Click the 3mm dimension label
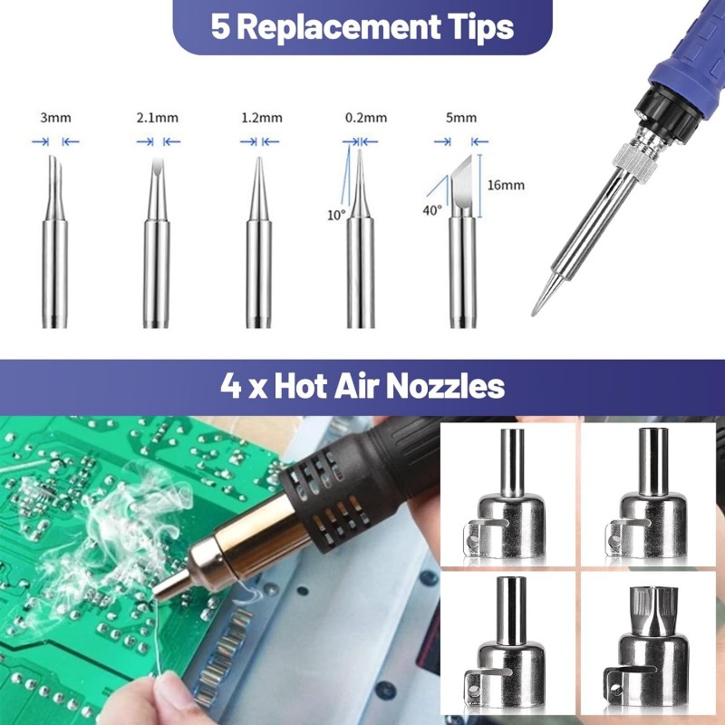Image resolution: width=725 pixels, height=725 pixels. [x=55, y=118]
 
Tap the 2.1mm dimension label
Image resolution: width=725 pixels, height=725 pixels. [x=157, y=118]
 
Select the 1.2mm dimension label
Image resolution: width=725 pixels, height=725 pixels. [x=262, y=118]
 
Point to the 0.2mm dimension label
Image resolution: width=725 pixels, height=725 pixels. [x=366, y=118]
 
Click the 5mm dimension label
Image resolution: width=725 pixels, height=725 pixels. [x=461, y=118]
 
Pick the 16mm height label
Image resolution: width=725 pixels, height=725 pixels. [x=506, y=186]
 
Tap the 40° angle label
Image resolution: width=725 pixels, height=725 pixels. [x=432, y=211]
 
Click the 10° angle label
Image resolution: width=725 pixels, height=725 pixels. [x=336, y=216]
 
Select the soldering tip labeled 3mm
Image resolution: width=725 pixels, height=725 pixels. [x=55, y=242]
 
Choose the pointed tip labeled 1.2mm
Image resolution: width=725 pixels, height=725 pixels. [x=258, y=243]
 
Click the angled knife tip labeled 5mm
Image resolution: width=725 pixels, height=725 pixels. [x=462, y=242]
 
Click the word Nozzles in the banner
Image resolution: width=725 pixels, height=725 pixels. [x=445, y=386]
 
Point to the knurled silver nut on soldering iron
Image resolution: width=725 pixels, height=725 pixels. [x=635, y=161]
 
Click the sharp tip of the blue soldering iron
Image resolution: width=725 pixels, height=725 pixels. [x=534, y=314]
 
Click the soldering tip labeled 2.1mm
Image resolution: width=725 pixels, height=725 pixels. [x=156, y=243]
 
